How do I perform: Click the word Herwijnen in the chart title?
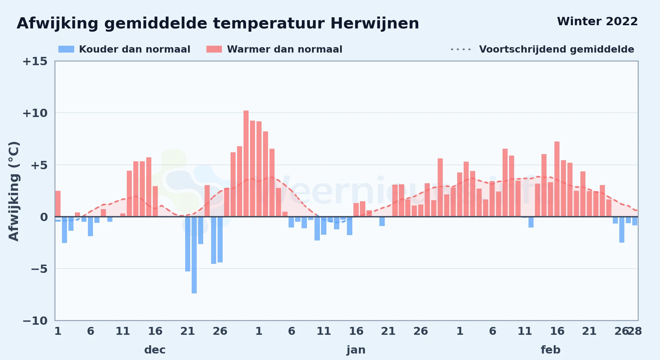click(375, 24)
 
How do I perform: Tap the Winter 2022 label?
click(597, 22)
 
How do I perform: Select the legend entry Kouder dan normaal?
click(124, 49)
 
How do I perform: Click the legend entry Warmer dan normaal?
click(274, 49)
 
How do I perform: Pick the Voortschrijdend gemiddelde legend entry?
click(542, 49)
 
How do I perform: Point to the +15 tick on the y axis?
click(35, 62)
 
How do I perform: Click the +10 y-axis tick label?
click(35, 113)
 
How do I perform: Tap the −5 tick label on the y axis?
click(39, 269)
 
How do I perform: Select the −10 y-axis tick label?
click(35, 321)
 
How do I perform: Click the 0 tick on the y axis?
click(44, 217)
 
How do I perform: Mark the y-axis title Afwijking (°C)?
click(14, 191)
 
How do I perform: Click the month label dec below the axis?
click(155, 350)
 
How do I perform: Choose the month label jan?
click(356, 350)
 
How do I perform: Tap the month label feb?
click(550, 350)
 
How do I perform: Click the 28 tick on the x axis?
click(635, 331)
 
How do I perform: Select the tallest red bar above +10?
click(246, 164)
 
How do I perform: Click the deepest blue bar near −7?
click(194, 255)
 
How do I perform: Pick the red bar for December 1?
click(58, 204)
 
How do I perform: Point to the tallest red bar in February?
click(557, 179)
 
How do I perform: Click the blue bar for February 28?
click(635, 221)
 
